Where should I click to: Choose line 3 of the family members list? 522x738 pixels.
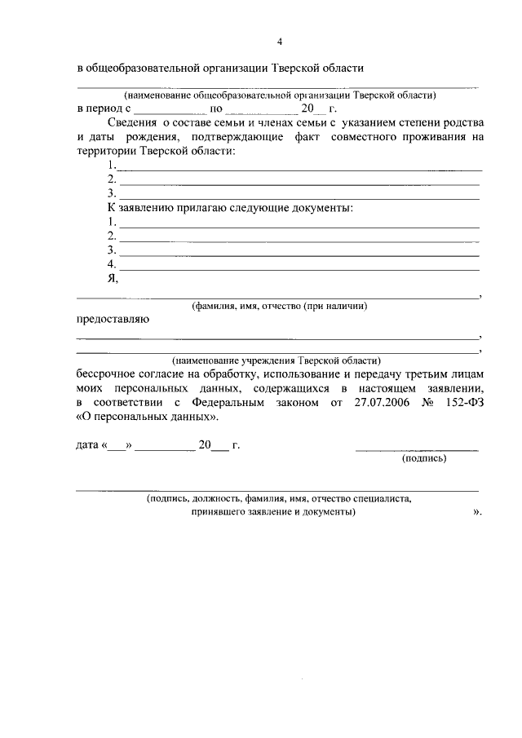point(298,194)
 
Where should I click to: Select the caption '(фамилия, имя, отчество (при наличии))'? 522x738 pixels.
point(279,307)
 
